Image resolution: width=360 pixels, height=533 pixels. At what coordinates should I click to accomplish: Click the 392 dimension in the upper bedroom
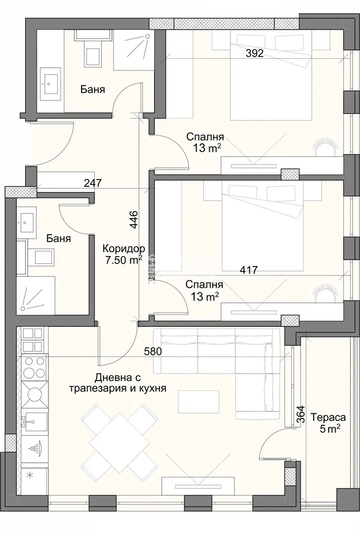click(x=255, y=54)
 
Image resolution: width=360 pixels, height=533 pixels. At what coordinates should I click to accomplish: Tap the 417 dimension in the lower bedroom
click(x=249, y=270)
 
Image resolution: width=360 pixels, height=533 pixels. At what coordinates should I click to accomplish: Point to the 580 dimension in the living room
click(x=153, y=351)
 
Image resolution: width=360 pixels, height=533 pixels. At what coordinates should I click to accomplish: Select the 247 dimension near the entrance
click(x=93, y=183)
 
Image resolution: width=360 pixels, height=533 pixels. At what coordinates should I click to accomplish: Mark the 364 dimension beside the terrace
click(x=301, y=414)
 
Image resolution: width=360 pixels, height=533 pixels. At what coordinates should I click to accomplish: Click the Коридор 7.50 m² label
click(x=123, y=254)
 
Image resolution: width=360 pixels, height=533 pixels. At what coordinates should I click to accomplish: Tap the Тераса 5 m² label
click(x=328, y=423)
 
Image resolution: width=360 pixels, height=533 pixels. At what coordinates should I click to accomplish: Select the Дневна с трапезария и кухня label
click(x=118, y=383)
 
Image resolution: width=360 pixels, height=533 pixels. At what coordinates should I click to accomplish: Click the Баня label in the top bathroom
click(x=93, y=90)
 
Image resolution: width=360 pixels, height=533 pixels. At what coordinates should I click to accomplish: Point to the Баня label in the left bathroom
click(x=59, y=238)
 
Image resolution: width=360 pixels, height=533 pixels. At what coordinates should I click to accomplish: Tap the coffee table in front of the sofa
click(x=199, y=401)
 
